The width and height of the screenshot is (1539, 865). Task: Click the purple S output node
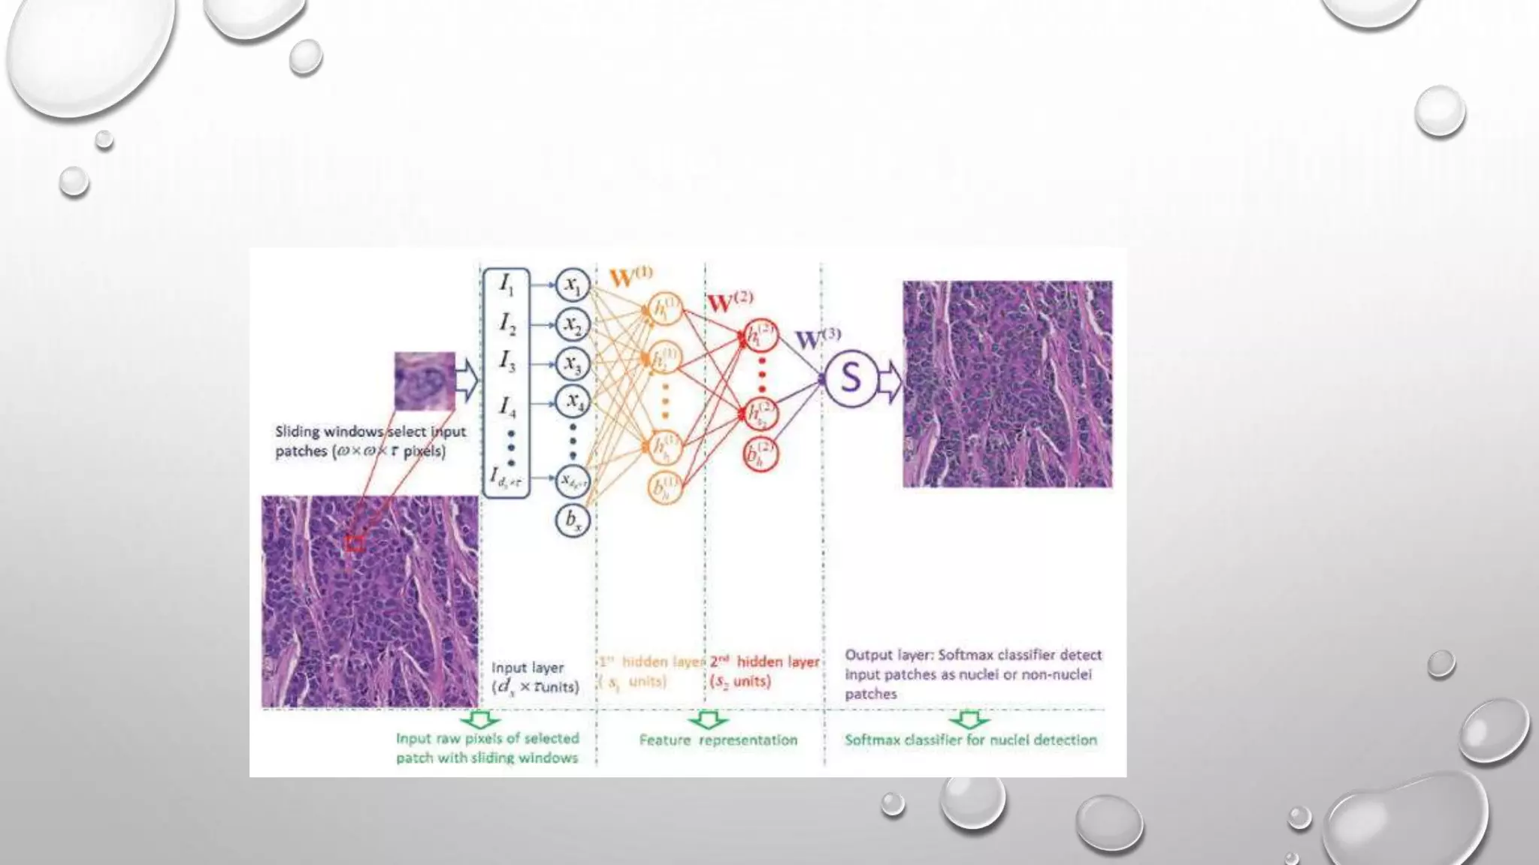click(x=851, y=378)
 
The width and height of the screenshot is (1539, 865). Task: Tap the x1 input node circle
click(x=573, y=285)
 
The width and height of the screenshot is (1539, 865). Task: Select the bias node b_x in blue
click(x=573, y=520)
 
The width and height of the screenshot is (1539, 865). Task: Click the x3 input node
click(x=573, y=365)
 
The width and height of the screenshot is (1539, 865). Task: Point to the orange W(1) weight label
click(x=630, y=277)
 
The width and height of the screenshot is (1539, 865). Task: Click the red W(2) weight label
click(x=729, y=302)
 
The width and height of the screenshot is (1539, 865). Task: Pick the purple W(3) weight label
click(x=817, y=339)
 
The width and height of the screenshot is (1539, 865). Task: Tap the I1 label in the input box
click(x=506, y=285)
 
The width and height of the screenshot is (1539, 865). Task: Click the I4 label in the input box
click(x=507, y=407)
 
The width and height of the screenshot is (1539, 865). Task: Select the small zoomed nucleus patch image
click(x=425, y=381)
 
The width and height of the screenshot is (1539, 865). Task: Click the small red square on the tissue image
click(x=354, y=542)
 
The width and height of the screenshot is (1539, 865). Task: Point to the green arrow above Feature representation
click(x=707, y=720)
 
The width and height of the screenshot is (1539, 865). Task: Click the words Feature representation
click(x=718, y=740)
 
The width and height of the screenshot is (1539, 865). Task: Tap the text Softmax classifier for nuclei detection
click(x=970, y=740)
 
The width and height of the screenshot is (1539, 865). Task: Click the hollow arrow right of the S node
click(x=890, y=381)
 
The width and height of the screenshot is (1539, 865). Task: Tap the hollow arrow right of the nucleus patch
click(x=467, y=380)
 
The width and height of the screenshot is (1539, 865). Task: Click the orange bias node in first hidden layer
click(x=664, y=487)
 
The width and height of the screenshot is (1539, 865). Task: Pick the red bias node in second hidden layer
click(x=760, y=454)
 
